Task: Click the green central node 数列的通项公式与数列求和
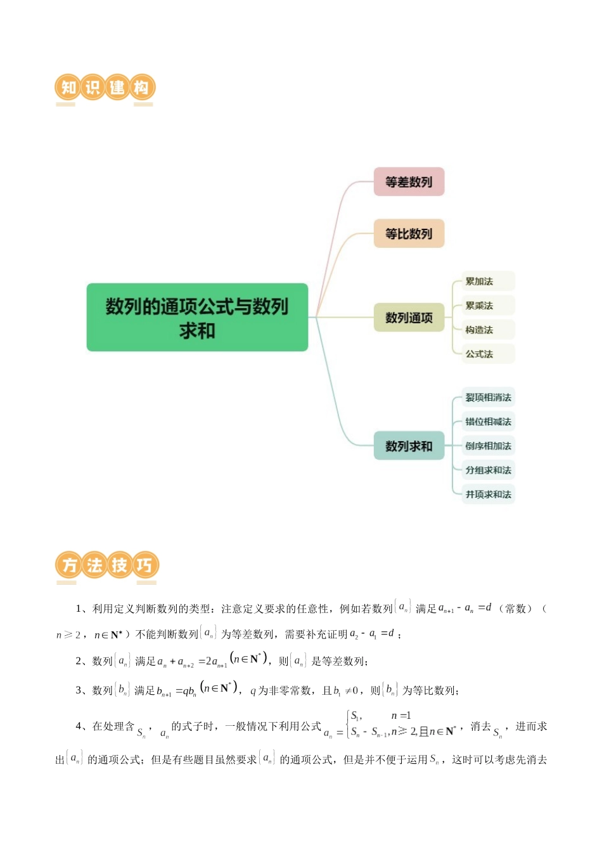coord(197,318)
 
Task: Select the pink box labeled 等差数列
coord(409,182)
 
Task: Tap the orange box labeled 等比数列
coord(409,234)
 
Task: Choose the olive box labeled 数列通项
coord(409,318)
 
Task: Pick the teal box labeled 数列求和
coord(409,446)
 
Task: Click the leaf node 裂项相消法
coord(488,397)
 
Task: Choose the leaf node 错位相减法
coord(488,422)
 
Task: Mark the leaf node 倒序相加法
coord(488,446)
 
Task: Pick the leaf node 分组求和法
coord(488,470)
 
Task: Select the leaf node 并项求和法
coord(488,494)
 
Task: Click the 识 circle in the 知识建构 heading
coord(93,87)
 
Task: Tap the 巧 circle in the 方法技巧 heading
coord(144,565)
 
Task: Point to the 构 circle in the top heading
coord(142,87)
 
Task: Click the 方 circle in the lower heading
coord(68,565)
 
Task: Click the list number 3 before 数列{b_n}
coord(79,690)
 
